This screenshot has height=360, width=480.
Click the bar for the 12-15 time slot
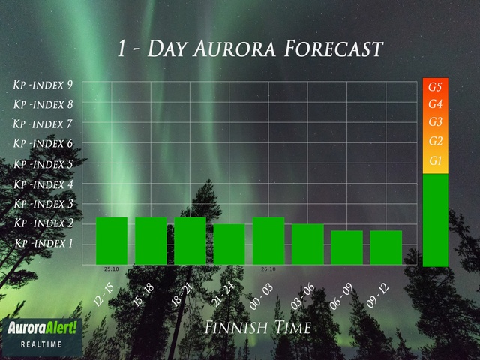[112, 241]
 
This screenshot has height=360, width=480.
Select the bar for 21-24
[229, 244]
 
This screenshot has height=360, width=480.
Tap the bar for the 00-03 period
[268, 241]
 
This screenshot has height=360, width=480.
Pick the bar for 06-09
[346, 247]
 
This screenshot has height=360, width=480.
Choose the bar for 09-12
[386, 247]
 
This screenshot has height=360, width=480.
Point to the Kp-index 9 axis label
[43, 85]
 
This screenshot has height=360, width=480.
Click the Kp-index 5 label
[43, 164]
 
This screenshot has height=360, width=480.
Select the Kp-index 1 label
[44, 243]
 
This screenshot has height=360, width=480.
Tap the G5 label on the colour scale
[435, 87]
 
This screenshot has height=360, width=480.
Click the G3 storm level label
[435, 121]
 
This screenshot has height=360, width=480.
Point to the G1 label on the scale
[435, 160]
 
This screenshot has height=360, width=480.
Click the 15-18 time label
[143, 294]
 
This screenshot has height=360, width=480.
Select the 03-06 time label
[302, 295]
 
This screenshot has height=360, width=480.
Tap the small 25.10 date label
[112, 269]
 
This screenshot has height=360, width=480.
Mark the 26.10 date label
[268, 269]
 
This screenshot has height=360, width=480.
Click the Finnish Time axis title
[258, 327]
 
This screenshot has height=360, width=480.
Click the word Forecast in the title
[334, 49]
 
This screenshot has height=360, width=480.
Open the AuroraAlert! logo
[42, 328]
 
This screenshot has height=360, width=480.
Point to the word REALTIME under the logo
[41, 344]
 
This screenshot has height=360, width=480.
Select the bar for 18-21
[190, 241]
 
